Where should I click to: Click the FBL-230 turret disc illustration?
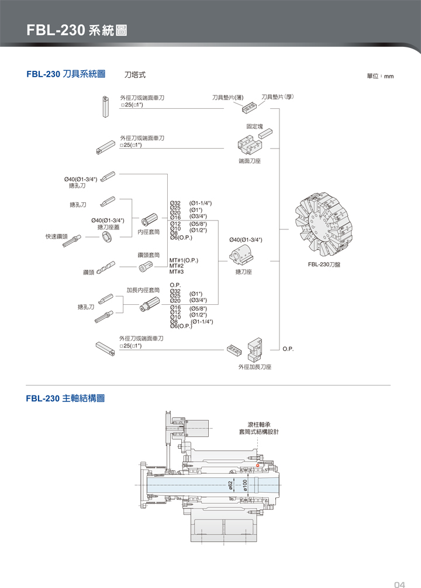click(328, 224)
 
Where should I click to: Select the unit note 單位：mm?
click(380, 76)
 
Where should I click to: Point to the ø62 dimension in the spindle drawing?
click(230, 484)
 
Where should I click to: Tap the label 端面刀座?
click(250, 160)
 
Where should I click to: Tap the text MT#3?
click(177, 271)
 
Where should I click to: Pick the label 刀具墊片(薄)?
click(227, 97)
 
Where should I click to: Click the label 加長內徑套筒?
click(143, 290)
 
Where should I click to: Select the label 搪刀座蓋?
click(109, 227)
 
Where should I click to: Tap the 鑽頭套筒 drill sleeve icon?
click(145, 267)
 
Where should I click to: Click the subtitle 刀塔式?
click(135, 75)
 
